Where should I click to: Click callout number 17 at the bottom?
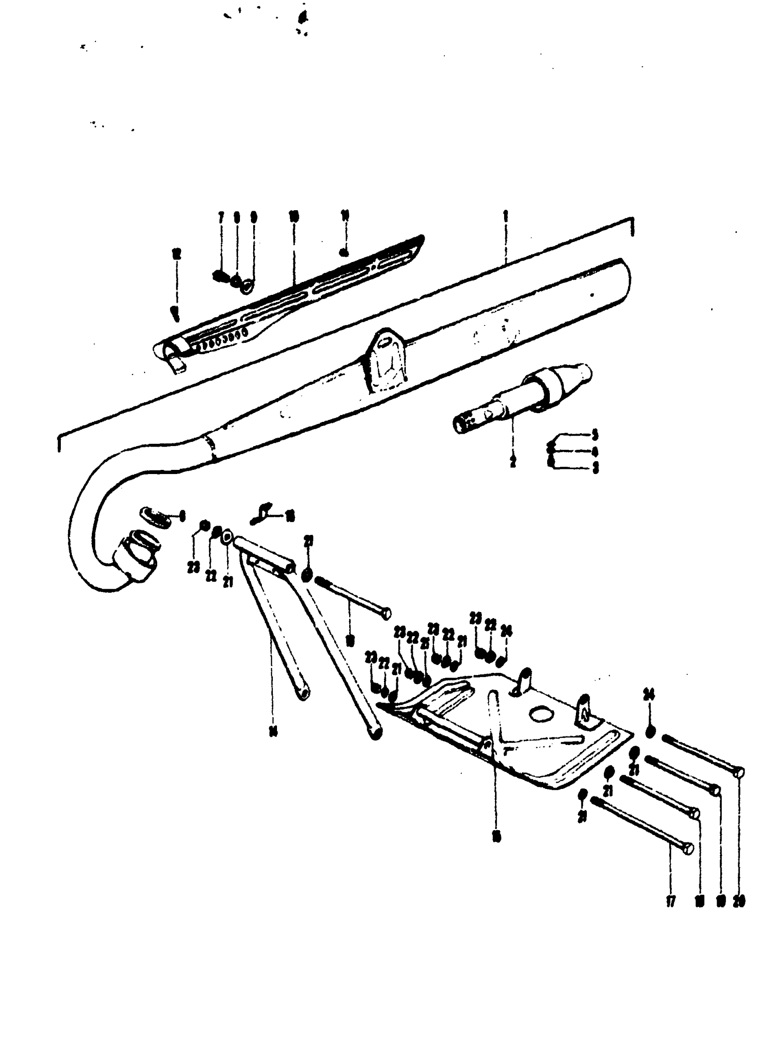point(671,901)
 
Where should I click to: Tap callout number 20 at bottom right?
point(739,901)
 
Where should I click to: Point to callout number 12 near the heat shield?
point(176,255)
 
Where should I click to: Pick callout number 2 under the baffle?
point(513,462)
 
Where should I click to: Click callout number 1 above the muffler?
point(506,217)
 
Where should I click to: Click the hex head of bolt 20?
point(739,772)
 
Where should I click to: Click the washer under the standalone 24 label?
point(650,731)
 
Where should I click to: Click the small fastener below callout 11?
point(344,253)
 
